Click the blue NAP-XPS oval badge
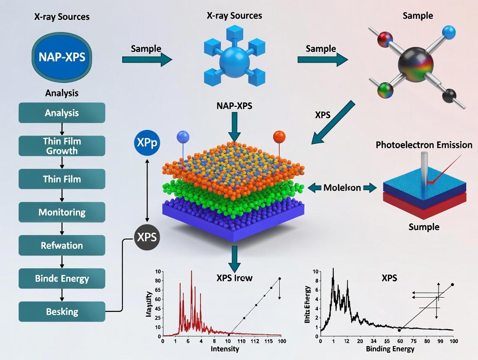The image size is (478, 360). pos(61,58)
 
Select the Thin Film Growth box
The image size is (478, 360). pos(62,146)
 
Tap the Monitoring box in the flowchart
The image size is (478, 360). pos(62,212)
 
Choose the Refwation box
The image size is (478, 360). pos(62,245)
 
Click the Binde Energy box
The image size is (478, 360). pos(62,278)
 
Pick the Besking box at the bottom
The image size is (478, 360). pos(62,312)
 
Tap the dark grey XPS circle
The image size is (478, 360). pos(146,237)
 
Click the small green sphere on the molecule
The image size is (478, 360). pos(384,91)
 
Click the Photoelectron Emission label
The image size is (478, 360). pos(424,145)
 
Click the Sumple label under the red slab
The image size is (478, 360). pos(424,227)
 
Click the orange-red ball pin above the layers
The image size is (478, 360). pos(279,137)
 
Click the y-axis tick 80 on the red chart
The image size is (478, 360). pos(158,280)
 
